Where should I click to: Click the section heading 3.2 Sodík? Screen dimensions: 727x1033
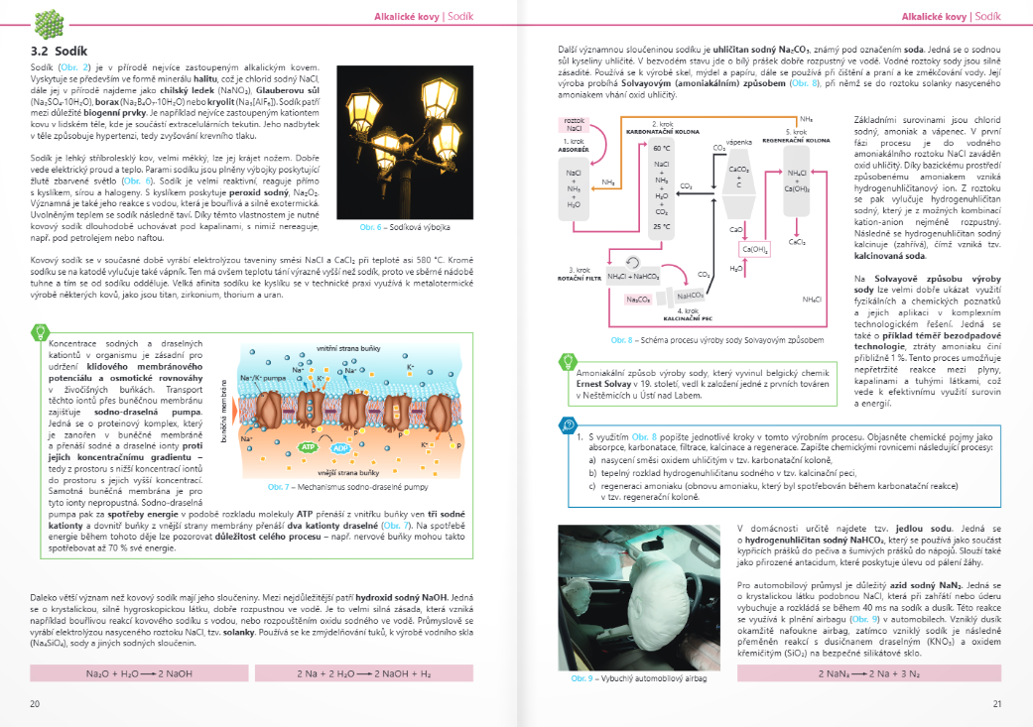tap(61, 50)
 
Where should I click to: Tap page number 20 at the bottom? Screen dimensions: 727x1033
tap(35, 703)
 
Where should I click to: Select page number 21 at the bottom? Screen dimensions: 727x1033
tap(997, 703)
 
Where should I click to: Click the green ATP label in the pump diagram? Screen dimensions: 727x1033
tap(309, 448)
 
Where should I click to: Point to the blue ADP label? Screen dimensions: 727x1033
tap(342, 448)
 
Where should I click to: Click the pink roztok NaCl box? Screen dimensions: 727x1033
tap(575, 124)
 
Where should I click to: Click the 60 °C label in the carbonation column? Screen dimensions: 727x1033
tap(662, 148)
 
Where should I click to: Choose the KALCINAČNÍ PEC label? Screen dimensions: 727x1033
tap(688, 318)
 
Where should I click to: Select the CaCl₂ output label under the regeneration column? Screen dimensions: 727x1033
tap(797, 241)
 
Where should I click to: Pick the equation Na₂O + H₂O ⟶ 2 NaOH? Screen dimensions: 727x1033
tap(131, 673)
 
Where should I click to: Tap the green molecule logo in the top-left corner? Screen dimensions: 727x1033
tap(48, 21)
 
